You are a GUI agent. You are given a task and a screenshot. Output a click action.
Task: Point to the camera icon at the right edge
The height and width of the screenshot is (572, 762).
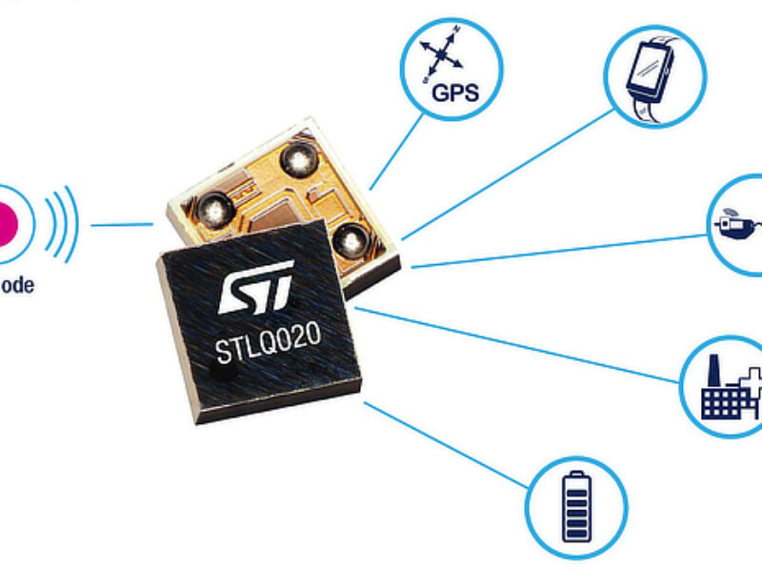click(x=735, y=226)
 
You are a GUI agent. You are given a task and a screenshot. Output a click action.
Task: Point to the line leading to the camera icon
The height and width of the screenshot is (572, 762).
click(x=562, y=250)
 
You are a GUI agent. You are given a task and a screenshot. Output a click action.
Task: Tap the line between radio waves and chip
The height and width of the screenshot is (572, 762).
click(x=122, y=226)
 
